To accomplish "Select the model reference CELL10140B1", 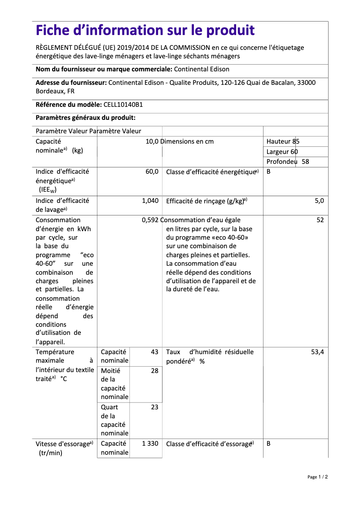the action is (x=123, y=105).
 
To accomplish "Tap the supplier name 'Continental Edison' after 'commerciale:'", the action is (x=202, y=69).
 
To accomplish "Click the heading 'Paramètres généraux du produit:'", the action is (x=85, y=118).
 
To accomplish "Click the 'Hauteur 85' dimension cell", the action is (x=283, y=141).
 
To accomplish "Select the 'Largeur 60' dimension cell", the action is (x=282, y=152).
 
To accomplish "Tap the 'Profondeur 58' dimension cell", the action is (x=287, y=162).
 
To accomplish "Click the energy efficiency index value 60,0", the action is (x=152, y=171).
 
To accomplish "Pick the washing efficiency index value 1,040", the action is (x=150, y=201).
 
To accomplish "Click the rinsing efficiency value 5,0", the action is (x=319, y=201).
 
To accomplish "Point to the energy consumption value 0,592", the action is (x=150, y=220).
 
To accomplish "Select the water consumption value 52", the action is (x=320, y=220).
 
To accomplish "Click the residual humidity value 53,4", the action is (x=317, y=352).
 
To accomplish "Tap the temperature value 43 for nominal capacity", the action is (x=154, y=352).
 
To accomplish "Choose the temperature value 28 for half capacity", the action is (x=154, y=371).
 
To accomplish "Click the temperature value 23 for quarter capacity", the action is (x=154, y=407).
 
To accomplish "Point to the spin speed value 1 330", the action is (x=150, y=443).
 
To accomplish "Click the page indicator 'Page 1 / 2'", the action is (x=317, y=477).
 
